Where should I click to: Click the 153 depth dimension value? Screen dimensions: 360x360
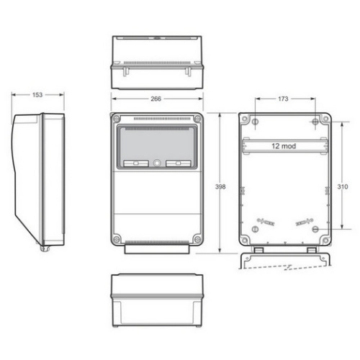(x=37, y=95)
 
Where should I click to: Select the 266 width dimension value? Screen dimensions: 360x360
(x=156, y=99)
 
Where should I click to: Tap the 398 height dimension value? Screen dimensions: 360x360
(x=220, y=186)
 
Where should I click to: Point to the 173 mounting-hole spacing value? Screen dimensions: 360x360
(x=283, y=99)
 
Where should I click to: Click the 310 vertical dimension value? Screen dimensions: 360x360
(x=343, y=186)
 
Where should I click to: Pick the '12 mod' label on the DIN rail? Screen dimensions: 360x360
(x=284, y=146)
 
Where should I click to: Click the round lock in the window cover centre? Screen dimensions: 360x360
(x=157, y=163)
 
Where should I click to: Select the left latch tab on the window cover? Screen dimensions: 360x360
(x=136, y=163)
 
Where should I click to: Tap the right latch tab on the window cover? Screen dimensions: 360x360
(x=179, y=163)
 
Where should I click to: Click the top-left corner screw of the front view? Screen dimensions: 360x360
(x=117, y=119)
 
